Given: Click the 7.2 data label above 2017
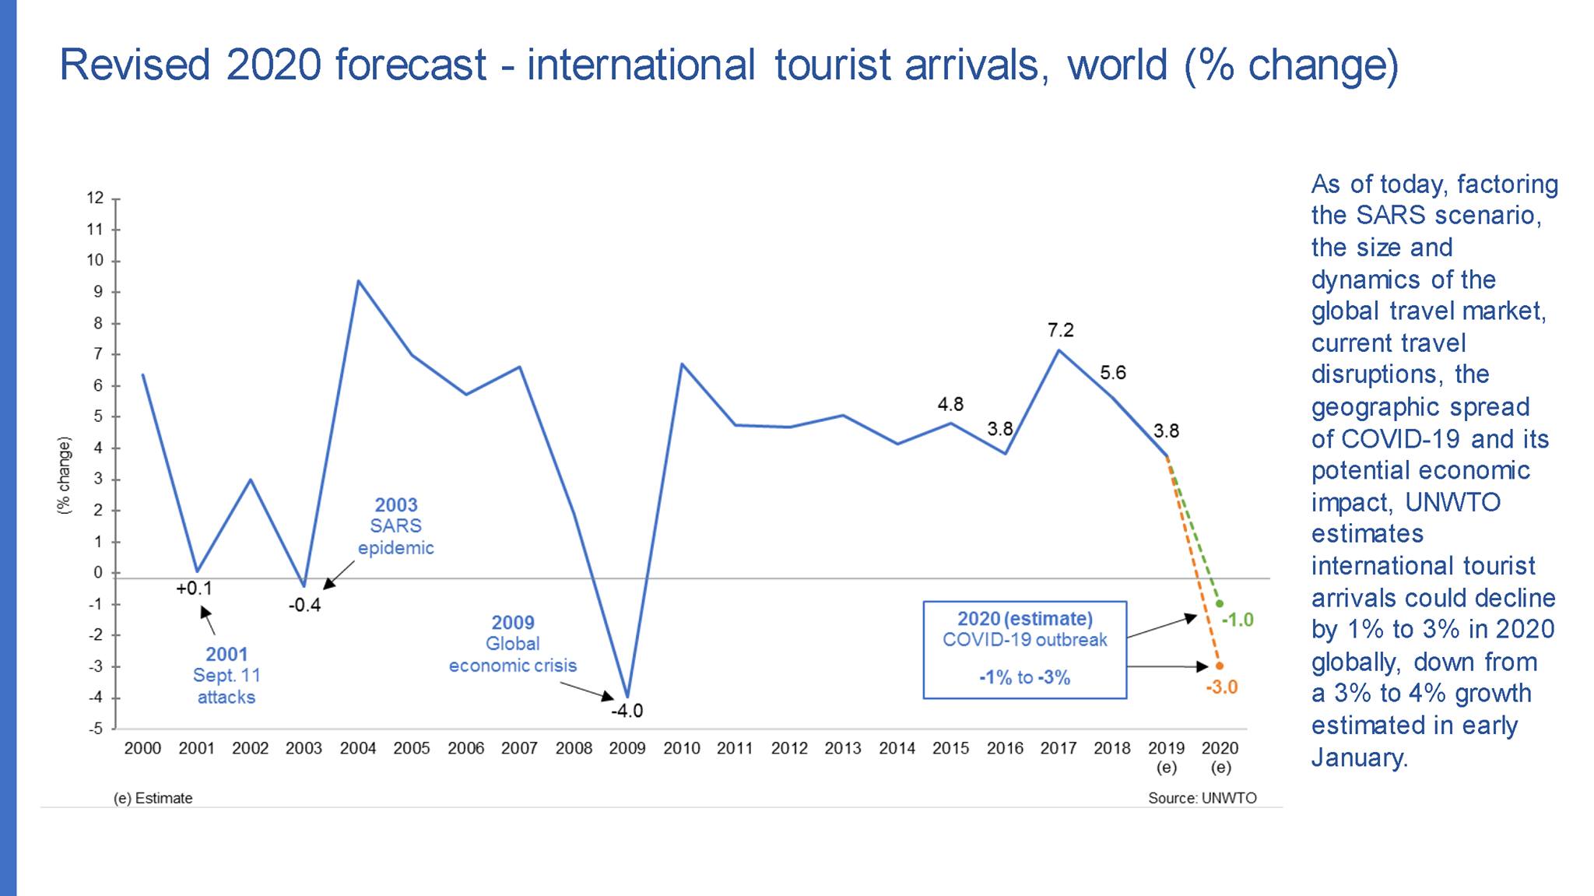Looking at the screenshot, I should click(x=1060, y=330).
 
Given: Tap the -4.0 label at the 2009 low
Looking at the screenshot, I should click(x=627, y=711).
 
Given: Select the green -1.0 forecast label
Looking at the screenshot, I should click(x=1238, y=620).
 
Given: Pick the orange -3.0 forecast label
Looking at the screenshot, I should click(x=1221, y=687).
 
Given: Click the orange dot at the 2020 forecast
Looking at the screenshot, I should click(x=1220, y=666).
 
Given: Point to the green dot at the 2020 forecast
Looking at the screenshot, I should click(x=1220, y=604).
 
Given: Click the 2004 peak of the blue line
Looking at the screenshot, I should click(x=358, y=281).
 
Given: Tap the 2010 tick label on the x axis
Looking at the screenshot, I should click(x=681, y=748).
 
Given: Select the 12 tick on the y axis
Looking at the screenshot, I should click(x=95, y=198).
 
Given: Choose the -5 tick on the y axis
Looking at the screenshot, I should click(x=95, y=729).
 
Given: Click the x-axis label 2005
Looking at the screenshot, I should click(x=412, y=748).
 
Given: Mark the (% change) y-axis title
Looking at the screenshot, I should click(x=64, y=475).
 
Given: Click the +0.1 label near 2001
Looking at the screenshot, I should click(x=194, y=589).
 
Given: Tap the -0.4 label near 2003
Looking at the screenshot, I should click(x=304, y=605).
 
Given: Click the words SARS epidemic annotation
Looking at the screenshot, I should click(x=395, y=537).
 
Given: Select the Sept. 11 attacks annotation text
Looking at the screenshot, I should click(x=226, y=686).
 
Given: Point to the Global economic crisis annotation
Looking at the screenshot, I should click(x=513, y=655).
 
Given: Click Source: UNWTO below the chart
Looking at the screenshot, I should click(x=1202, y=798).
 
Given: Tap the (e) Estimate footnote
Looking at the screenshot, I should click(x=153, y=798).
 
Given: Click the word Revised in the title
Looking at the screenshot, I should click(x=135, y=65).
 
